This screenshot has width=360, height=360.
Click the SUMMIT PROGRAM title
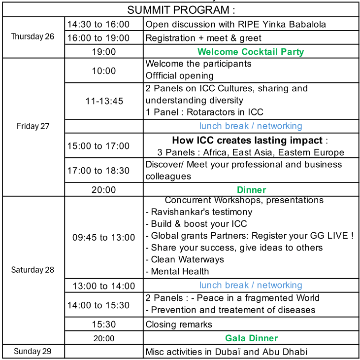tap(181, 10)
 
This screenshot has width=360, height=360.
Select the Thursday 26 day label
tap(33, 36)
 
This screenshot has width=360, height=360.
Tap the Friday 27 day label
tap(33, 126)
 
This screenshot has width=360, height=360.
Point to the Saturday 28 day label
tap(33, 270)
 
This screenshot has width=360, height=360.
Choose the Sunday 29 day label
tap(33, 352)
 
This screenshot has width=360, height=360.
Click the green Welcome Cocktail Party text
tap(251, 52)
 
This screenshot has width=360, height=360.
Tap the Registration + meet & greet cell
tap(203, 38)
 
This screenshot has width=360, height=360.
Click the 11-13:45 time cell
tap(104, 101)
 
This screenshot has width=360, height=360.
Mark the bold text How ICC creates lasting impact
tap(247, 141)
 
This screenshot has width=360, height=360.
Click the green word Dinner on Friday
tap(251, 190)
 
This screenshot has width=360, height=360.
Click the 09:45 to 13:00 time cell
tap(103, 238)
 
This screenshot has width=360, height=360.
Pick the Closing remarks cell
tap(179, 324)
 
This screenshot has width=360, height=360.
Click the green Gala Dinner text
tap(251, 338)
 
